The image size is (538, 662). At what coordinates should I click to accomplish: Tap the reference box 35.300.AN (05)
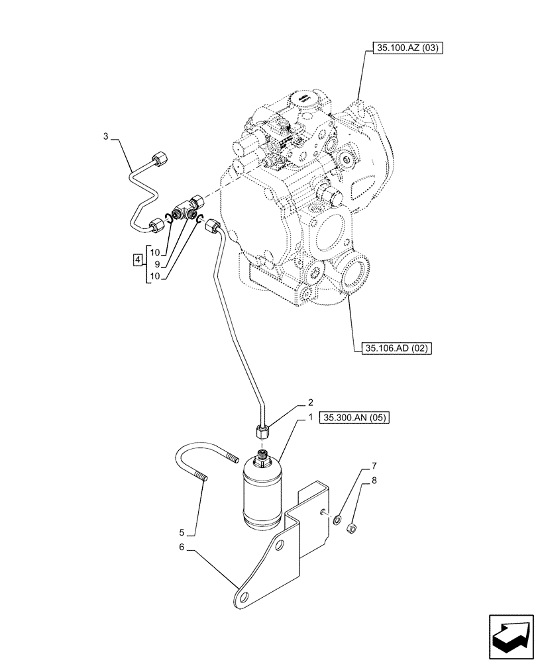356,418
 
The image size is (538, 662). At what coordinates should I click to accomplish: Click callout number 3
105,137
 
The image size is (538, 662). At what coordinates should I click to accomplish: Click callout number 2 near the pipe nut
309,402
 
